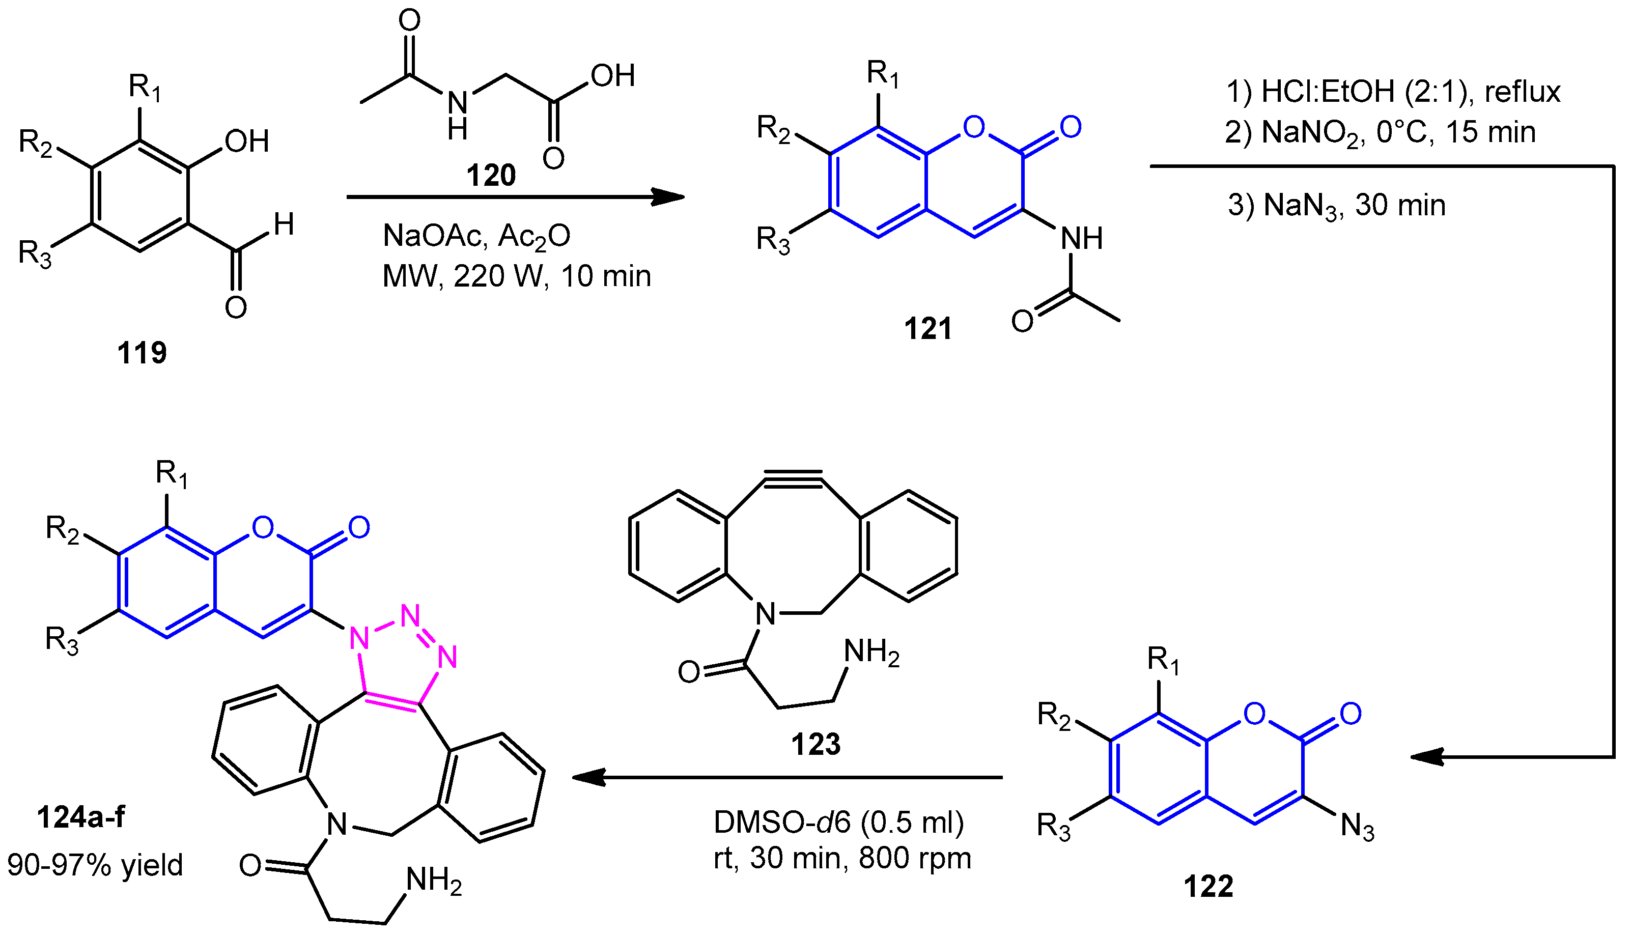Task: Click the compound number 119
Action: tap(142, 353)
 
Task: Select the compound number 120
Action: tap(491, 175)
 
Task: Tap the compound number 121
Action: tap(928, 328)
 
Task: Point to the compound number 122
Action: tap(1208, 886)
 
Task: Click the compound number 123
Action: tap(815, 744)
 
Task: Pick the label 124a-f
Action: tap(81, 817)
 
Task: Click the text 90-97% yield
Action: tap(95, 865)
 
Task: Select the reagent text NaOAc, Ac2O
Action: tap(476, 236)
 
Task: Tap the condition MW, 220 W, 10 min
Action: tap(516, 276)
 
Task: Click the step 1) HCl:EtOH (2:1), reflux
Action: tap(1393, 92)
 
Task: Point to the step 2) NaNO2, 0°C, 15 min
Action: tap(1381, 133)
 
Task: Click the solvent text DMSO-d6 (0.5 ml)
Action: tap(838, 822)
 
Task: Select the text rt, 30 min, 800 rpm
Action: tap(842, 858)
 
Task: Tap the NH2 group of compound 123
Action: tap(871, 653)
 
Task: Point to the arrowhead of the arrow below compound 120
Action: tap(668, 197)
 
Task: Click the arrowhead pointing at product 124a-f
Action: tap(587, 778)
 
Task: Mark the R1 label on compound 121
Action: tap(883, 74)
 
